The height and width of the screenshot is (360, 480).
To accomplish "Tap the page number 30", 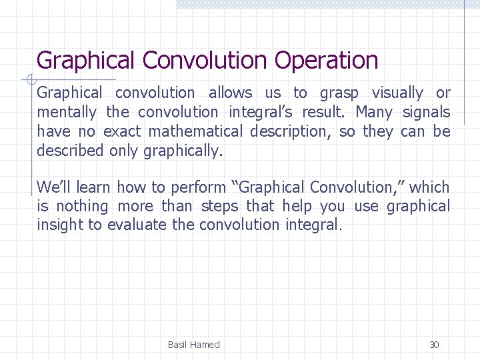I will point(434,345).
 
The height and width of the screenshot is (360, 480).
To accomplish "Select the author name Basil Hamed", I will point(193,345).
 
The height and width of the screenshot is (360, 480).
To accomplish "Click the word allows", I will point(230,93).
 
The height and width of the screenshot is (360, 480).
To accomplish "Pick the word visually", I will point(397,93).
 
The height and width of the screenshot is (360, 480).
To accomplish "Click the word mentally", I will point(67,113).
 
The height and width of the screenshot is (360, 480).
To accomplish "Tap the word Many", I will point(374,113).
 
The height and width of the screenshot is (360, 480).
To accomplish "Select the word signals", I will point(427,113).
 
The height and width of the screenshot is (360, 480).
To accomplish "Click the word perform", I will point(198,187).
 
